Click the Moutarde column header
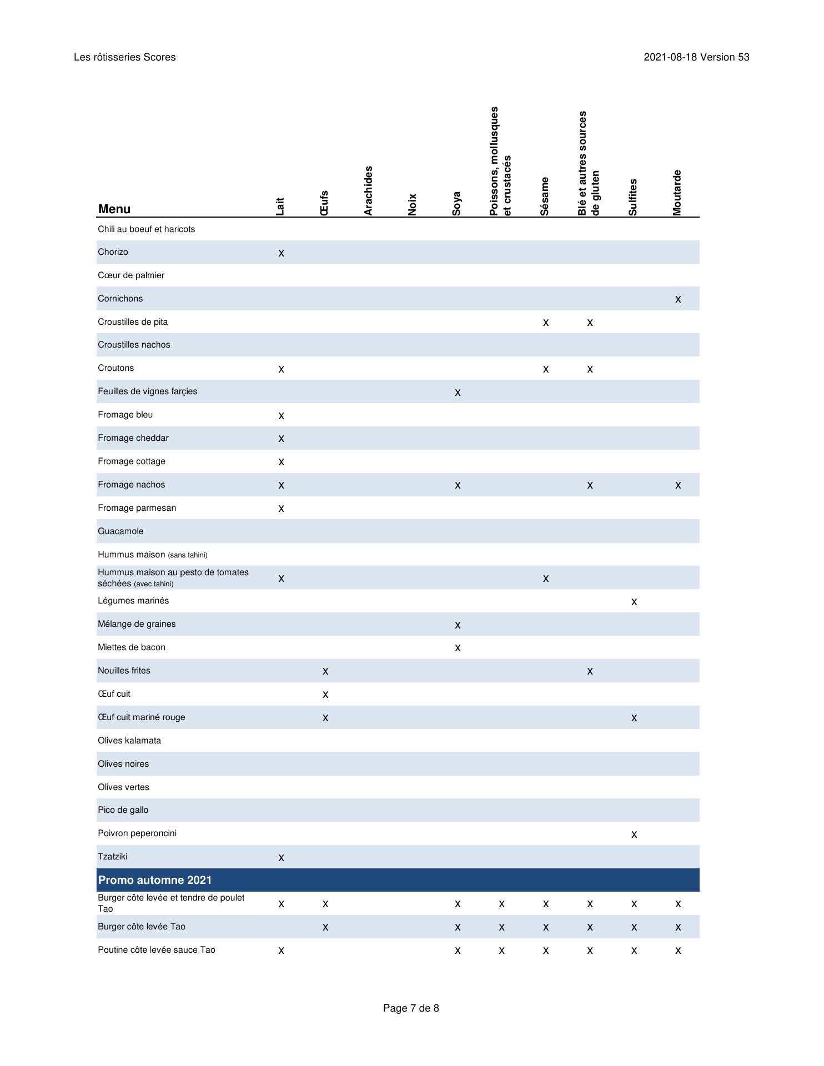677,192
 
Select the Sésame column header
545,196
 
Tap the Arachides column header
368,190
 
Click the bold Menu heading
114,209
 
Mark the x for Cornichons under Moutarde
678,299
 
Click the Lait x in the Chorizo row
281,253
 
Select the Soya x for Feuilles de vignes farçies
458,393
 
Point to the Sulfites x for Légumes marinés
634,602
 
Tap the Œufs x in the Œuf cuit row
325,695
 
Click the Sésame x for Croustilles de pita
546,323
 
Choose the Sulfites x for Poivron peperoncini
634,834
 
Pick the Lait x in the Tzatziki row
281,858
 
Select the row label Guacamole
120,531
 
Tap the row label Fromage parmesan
137,508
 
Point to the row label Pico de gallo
123,810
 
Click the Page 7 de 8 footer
411,1008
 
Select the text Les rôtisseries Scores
124,57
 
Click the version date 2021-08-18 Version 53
696,57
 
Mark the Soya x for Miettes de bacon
458,648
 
